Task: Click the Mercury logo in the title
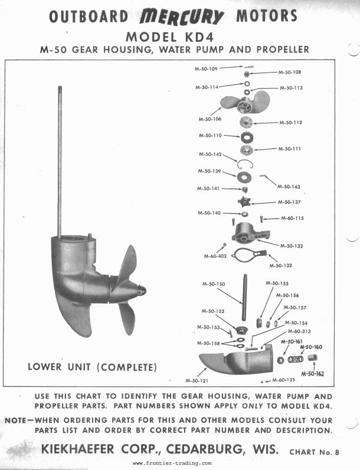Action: [182, 16]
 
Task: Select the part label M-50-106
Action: [210, 119]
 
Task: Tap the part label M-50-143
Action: [289, 187]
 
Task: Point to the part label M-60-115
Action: [292, 218]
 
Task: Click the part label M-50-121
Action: [197, 381]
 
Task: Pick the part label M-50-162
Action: [313, 374]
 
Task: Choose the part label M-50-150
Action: [214, 284]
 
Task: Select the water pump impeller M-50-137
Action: [244, 202]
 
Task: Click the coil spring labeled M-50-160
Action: [296, 359]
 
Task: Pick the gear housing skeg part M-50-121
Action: [237, 360]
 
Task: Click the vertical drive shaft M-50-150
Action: [245, 297]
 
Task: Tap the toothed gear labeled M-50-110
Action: [247, 137]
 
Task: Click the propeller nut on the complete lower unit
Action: [142, 290]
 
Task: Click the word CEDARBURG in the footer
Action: [204, 449]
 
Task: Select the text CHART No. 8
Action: [314, 452]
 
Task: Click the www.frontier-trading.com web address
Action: [172, 463]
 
